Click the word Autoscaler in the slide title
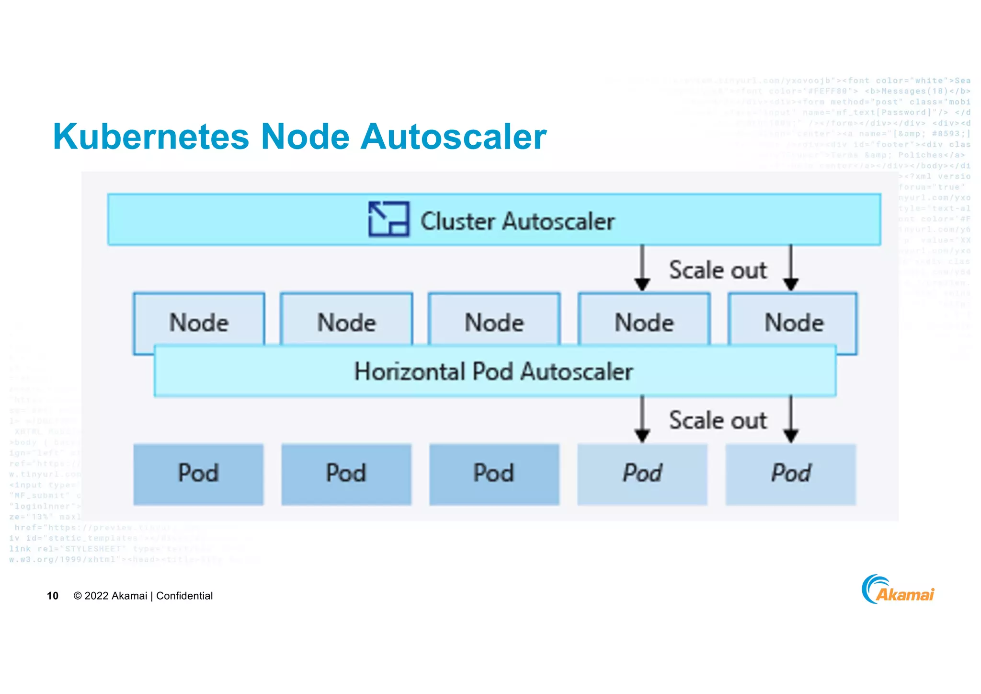tap(453, 137)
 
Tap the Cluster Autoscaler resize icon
tap(388, 219)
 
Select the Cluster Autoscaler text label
tap(517, 221)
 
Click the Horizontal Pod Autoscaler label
tap(493, 371)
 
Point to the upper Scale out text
tap(717, 270)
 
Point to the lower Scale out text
tap(717, 420)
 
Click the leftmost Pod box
tap(198, 474)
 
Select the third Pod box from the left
tap(494, 474)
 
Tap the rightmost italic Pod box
tap(790, 474)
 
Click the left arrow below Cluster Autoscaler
tap(642, 268)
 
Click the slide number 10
tap(52, 596)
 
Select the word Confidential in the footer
tap(184, 596)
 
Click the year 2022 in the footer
tap(96, 596)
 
